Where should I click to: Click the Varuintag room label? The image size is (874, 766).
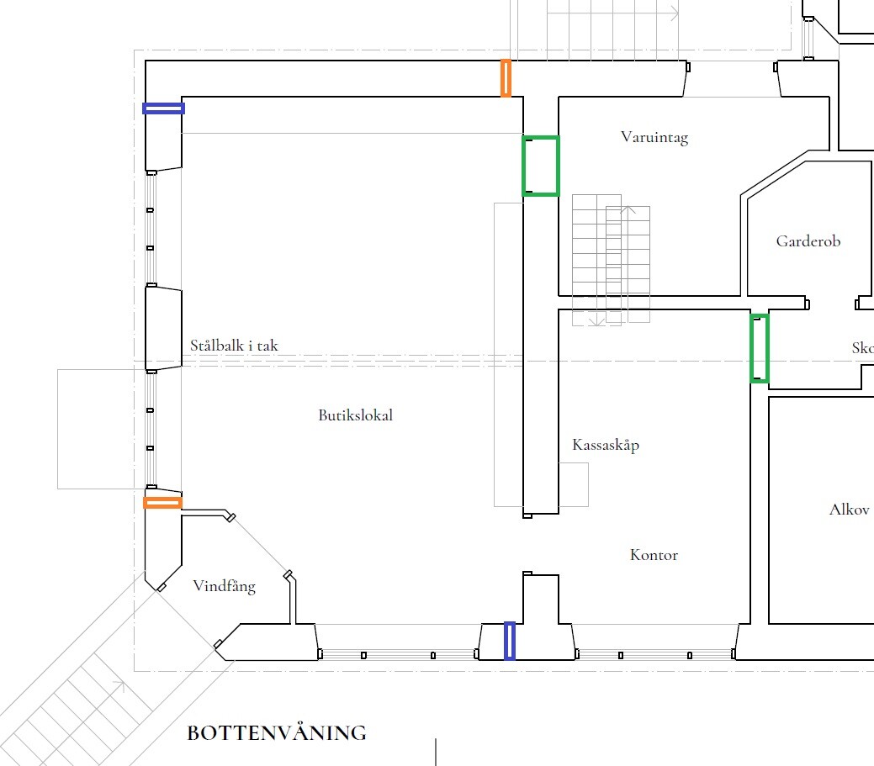tap(654, 137)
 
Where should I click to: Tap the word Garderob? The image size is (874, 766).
tap(808, 241)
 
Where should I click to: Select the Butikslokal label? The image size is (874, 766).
tap(356, 415)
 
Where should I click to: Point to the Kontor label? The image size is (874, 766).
tap(654, 555)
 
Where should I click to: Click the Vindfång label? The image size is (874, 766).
tap(224, 586)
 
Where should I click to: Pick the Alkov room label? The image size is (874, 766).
tap(849, 510)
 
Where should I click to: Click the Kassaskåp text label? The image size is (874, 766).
tap(606, 445)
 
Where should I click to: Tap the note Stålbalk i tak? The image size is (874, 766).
tap(234, 346)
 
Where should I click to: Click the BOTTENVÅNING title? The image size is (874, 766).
tap(277, 732)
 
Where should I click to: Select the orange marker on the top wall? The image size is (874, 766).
tap(506, 78)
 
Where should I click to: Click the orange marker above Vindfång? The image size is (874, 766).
tap(162, 503)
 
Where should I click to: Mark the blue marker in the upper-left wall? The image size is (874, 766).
tap(163, 108)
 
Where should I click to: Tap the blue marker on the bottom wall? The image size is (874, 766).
tap(510, 641)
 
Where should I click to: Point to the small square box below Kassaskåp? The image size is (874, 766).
tap(574, 484)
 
